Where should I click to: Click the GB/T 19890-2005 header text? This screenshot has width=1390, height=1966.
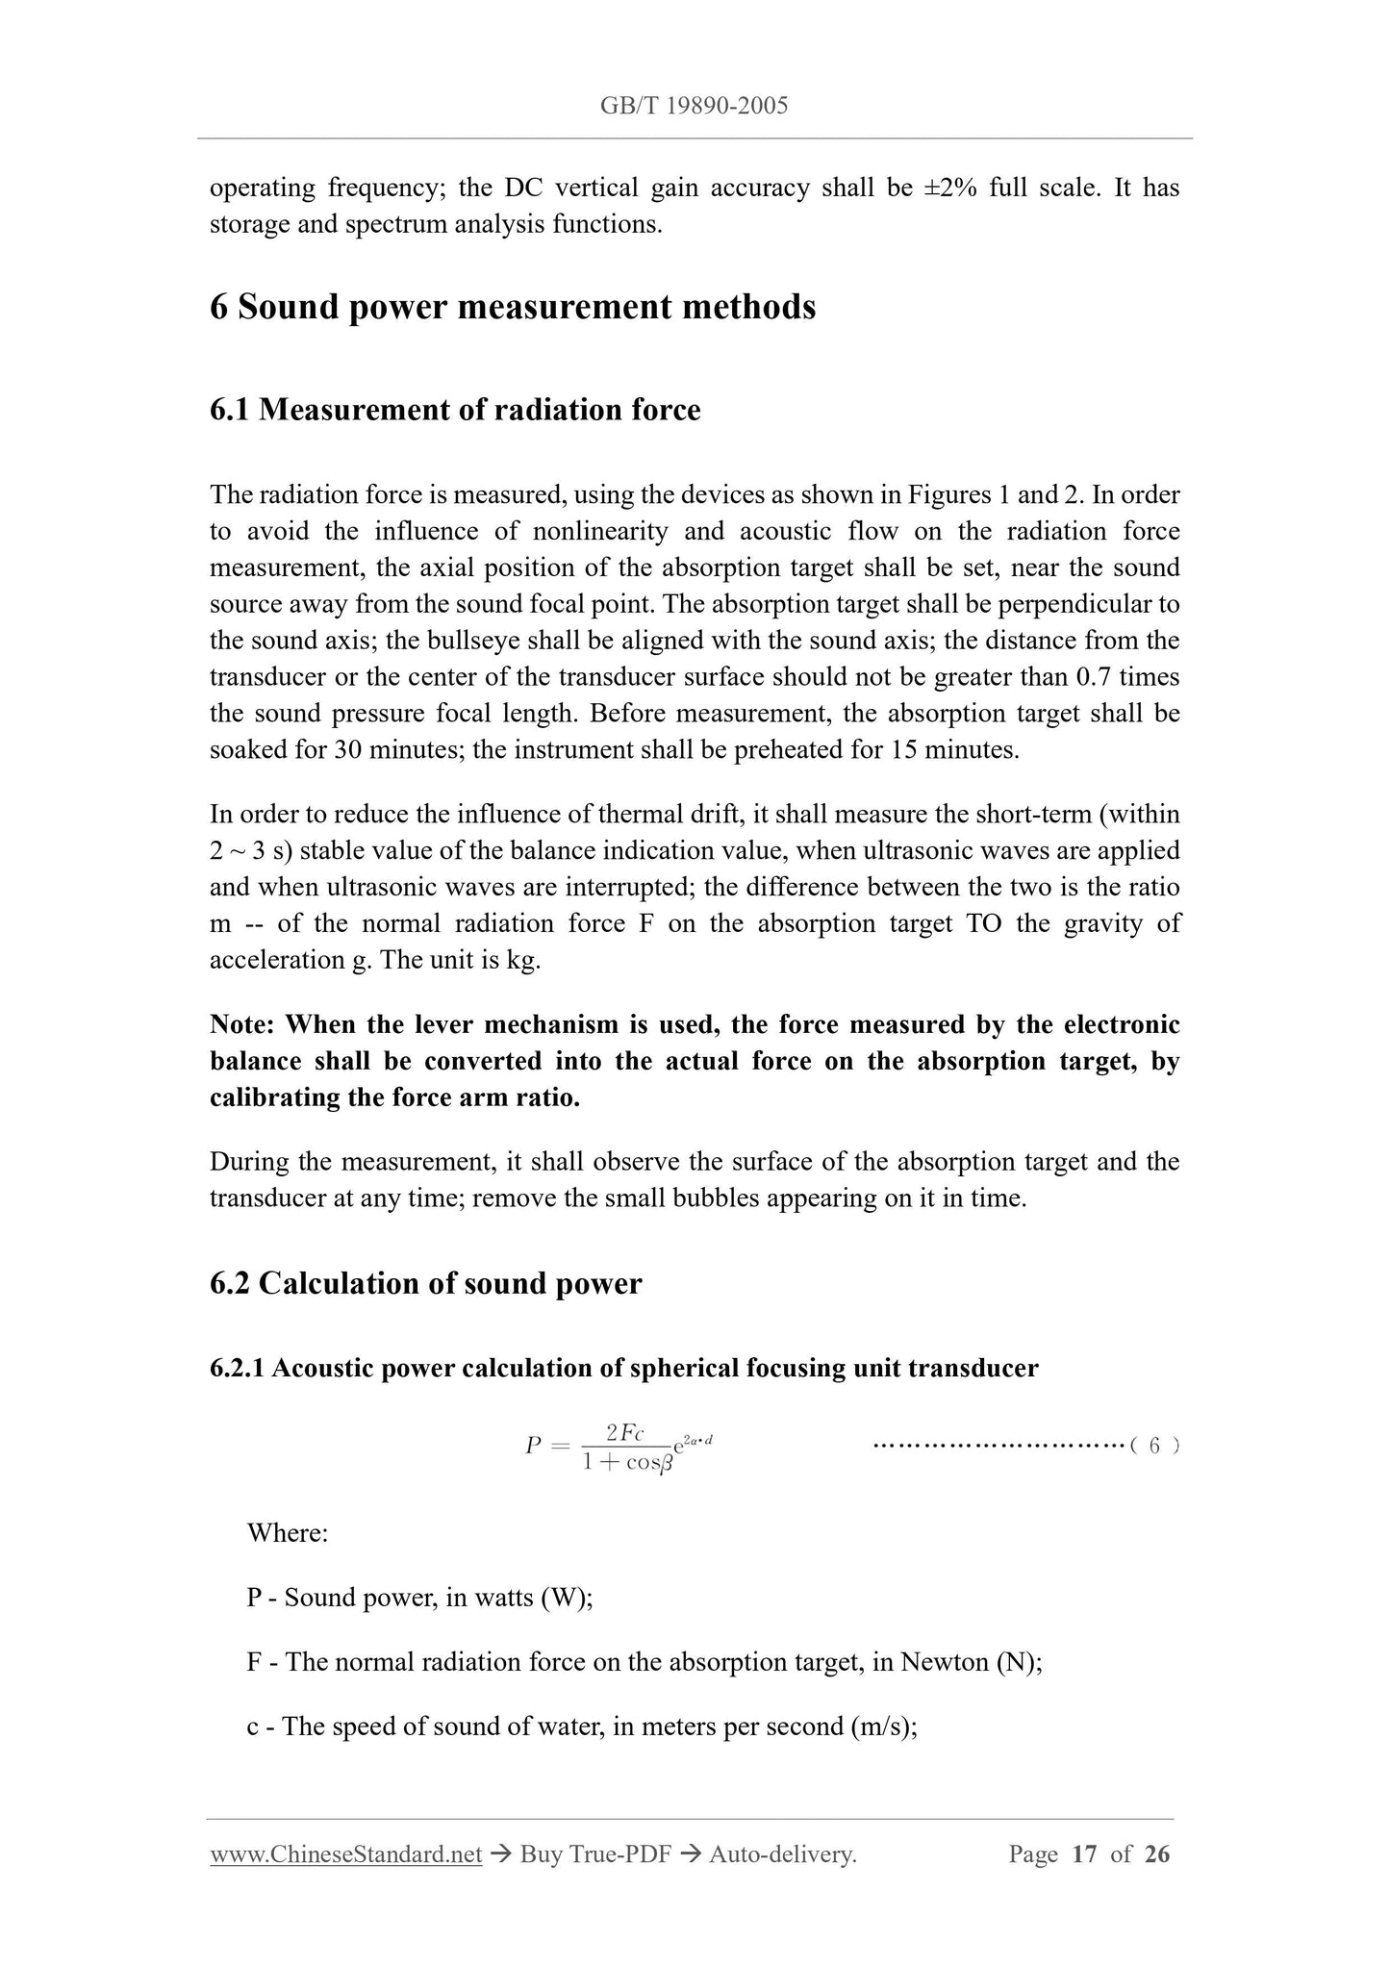pos(694,106)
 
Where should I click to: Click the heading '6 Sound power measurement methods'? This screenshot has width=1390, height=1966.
pos(513,308)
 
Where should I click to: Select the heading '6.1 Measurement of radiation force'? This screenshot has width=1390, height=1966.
pos(455,410)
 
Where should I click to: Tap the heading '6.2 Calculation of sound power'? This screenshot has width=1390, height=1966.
pos(425,1283)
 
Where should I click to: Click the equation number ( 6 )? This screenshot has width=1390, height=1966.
pos(1153,1446)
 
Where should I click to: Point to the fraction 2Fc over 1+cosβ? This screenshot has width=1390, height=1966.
pos(625,1447)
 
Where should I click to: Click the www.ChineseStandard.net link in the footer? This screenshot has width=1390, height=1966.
pos(345,1853)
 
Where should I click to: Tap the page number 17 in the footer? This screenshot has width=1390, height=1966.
pos(1084,1853)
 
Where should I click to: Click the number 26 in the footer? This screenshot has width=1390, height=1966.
pos(1157,1853)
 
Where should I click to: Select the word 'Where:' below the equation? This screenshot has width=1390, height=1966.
pos(288,1532)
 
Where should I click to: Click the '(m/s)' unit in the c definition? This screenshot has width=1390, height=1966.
pos(883,1727)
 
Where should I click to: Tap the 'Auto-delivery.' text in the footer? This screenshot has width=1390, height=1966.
pos(782,1853)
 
